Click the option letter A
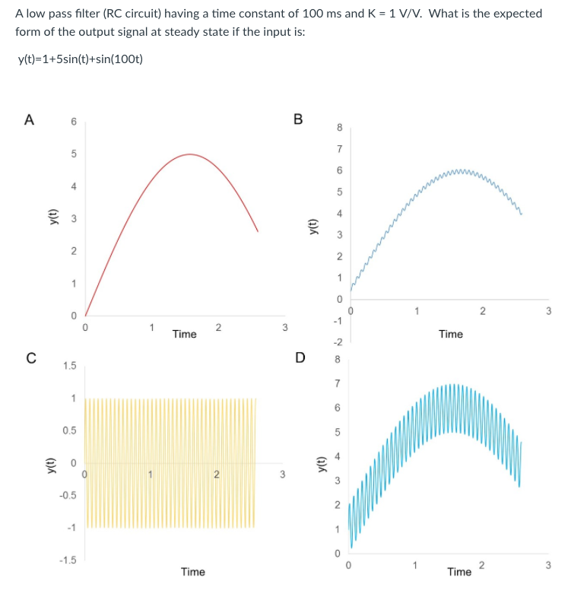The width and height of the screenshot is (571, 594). pyautogui.click(x=29, y=119)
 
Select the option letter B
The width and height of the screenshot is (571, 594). pyautogui.click(x=298, y=119)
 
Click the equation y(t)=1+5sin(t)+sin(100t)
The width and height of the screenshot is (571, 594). pyautogui.click(x=79, y=60)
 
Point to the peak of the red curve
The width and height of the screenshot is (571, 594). pyautogui.click(x=189, y=154)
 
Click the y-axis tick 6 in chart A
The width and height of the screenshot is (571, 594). pyautogui.click(x=74, y=122)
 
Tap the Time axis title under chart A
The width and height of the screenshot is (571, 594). pyautogui.click(x=184, y=334)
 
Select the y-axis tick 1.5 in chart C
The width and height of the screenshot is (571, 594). pyautogui.click(x=70, y=366)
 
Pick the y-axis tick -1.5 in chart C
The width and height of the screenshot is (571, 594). pyautogui.click(x=68, y=561)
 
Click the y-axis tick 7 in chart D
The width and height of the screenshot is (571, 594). pyautogui.click(x=340, y=384)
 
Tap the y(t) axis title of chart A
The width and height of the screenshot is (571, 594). pyautogui.click(x=52, y=218)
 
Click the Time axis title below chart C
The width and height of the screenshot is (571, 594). pyautogui.click(x=193, y=571)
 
